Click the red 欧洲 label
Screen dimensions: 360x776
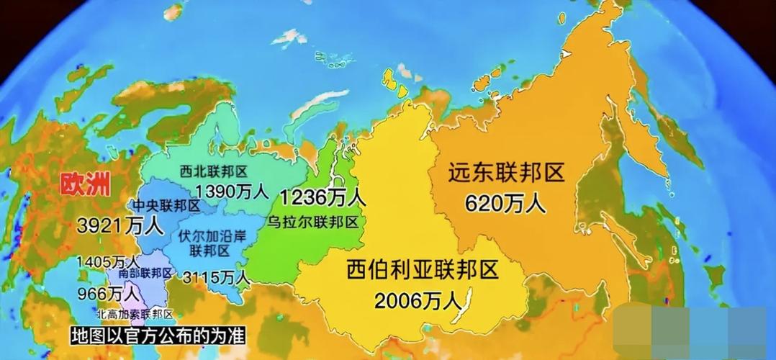point(85,185)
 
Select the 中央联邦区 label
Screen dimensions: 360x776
point(167,206)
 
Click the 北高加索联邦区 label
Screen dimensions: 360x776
point(135,314)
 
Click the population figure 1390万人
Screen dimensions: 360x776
point(231,192)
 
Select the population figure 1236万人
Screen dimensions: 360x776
point(322,197)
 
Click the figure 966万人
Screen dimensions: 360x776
point(110,294)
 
